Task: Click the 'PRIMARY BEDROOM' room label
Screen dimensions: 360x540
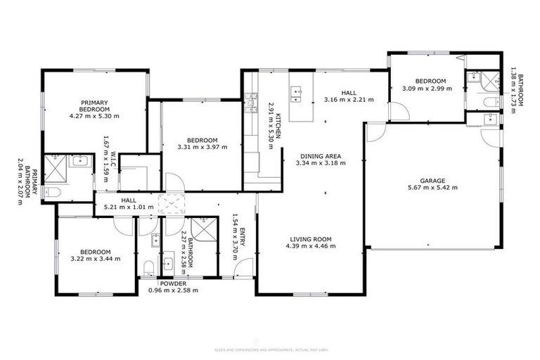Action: click(94, 105)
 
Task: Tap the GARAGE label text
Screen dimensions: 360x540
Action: click(433, 180)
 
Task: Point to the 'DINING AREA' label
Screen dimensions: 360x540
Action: click(321, 156)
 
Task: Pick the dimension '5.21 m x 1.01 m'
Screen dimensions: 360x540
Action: click(128, 208)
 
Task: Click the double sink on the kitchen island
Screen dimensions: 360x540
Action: click(297, 91)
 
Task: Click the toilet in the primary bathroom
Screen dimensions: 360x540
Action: click(51, 191)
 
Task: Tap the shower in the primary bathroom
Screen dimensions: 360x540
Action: click(54, 165)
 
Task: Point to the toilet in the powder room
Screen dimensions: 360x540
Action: click(148, 266)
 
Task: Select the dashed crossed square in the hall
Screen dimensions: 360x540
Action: click(171, 205)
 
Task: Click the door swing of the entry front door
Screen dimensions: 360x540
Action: click(244, 268)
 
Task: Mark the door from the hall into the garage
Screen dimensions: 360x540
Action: click(375, 131)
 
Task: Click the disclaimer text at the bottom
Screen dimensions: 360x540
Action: click(269, 349)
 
